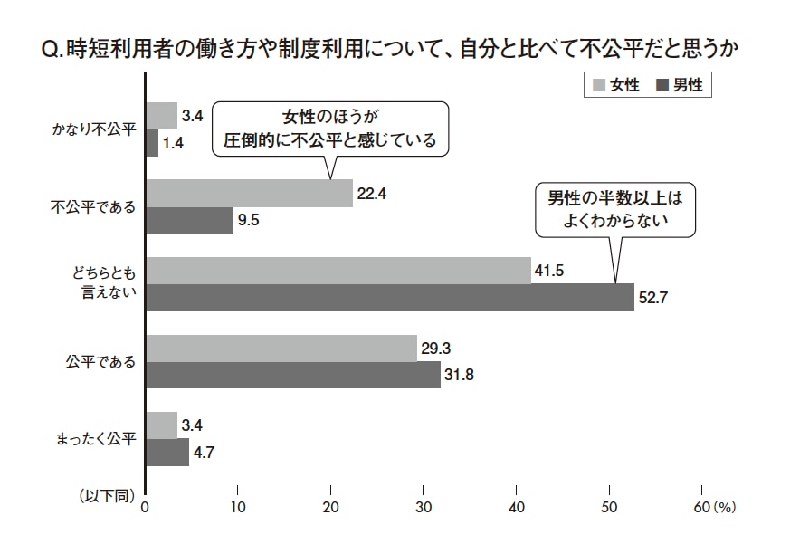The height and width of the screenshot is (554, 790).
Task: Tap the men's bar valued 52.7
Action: [x=389, y=298]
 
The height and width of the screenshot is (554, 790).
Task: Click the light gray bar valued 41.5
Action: [x=338, y=271]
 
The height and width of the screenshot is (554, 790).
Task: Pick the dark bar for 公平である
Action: [x=292, y=375]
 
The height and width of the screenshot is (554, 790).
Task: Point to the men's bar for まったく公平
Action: [x=167, y=452]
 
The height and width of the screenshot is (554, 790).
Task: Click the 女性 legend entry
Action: [x=617, y=85]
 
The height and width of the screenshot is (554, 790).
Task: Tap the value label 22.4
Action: [x=372, y=193]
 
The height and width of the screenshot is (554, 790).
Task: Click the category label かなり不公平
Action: [x=93, y=129]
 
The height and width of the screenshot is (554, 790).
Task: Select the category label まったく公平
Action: [x=94, y=439]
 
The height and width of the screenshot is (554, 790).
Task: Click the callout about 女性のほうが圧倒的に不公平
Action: [x=330, y=128]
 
